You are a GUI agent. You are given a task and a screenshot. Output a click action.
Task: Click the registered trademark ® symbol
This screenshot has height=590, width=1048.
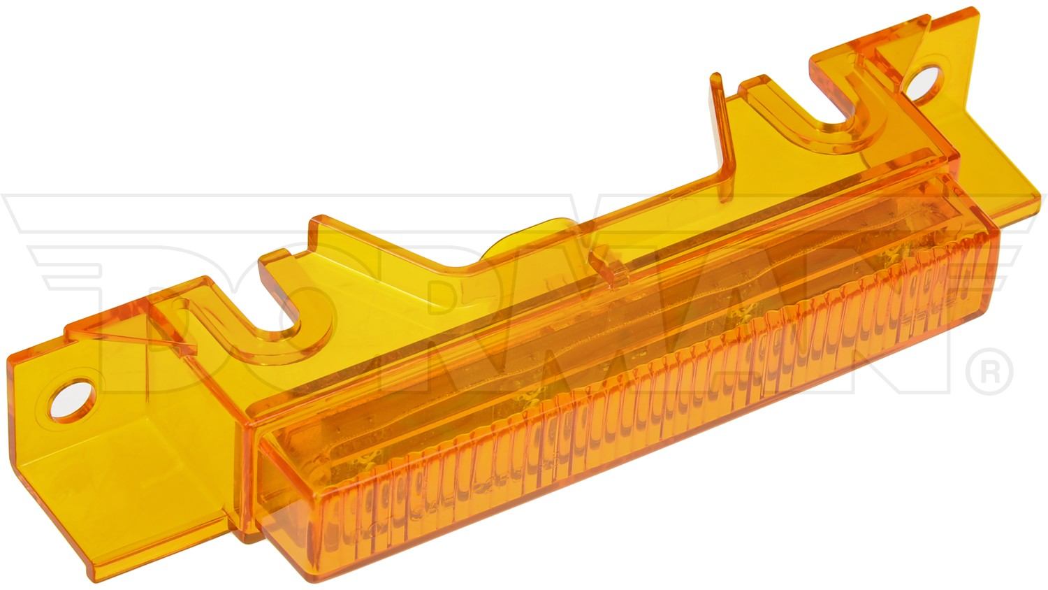989,368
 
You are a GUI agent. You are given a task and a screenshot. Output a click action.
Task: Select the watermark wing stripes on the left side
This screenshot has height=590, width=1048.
56,231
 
